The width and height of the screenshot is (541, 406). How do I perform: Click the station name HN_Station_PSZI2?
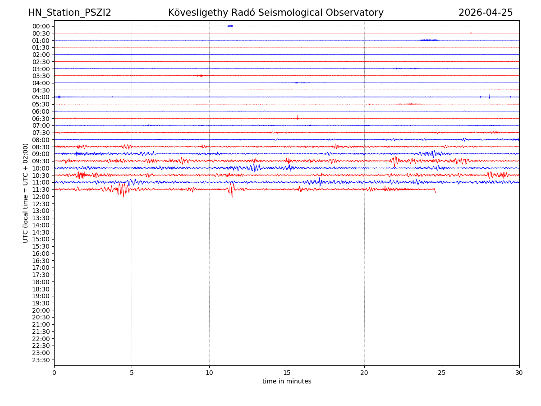tap(69, 13)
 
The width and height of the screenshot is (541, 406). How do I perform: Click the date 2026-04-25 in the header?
tap(486, 13)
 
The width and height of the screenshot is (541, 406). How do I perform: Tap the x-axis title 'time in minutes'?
tap(287, 382)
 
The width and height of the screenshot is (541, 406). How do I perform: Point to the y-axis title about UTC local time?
tap(26, 193)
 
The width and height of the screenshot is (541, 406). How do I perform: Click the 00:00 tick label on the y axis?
tap(41, 26)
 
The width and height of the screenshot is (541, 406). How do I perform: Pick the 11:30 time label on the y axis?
tap(41, 189)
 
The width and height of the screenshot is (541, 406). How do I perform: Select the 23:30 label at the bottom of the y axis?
tap(41, 360)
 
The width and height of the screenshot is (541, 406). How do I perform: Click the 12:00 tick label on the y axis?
tap(41, 197)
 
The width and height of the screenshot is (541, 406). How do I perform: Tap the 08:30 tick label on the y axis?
tap(41, 147)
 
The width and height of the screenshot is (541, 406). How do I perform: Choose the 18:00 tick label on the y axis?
tap(41, 282)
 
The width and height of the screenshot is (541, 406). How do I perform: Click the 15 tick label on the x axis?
tap(287, 373)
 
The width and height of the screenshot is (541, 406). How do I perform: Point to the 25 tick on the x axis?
tap(442, 373)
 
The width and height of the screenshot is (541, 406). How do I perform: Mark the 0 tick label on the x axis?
tap(54, 373)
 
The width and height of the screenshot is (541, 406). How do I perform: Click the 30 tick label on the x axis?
tap(519, 373)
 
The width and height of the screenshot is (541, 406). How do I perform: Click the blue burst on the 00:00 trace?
tap(230, 26)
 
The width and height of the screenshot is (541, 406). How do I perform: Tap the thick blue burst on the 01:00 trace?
tap(428, 40)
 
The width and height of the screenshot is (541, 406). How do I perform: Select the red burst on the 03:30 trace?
tap(200, 75)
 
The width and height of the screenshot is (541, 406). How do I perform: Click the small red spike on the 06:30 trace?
tap(297, 117)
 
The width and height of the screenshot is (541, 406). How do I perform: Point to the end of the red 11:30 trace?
tap(435, 191)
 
